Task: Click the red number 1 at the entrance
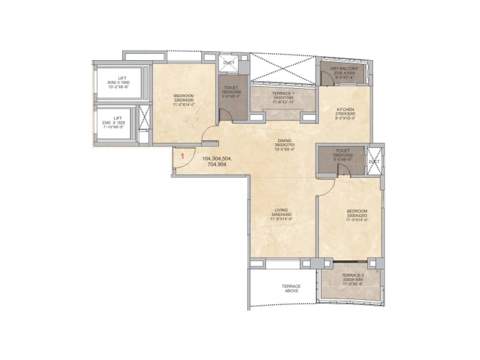click(x=182, y=156)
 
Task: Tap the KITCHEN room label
click(x=345, y=110)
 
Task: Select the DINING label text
click(x=284, y=141)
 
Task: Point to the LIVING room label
click(x=281, y=210)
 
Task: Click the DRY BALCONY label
click(x=344, y=69)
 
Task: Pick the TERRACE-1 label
click(x=283, y=94)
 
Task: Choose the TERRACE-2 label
click(x=352, y=275)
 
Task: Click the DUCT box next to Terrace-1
click(x=229, y=63)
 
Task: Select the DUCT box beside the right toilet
click(x=374, y=161)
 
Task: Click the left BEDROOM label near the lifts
click(x=184, y=96)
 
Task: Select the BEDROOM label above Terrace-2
click(x=357, y=211)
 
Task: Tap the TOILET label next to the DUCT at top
click(x=231, y=88)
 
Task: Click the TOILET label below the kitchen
click(x=342, y=151)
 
